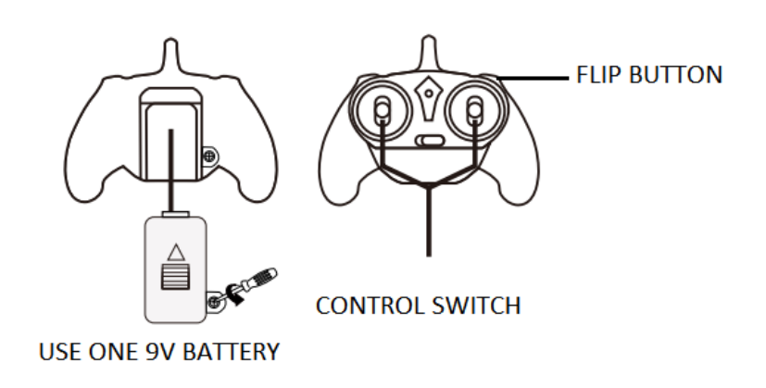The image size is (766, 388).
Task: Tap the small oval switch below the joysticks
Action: tap(428, 142)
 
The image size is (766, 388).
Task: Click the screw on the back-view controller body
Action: tap(212, 156)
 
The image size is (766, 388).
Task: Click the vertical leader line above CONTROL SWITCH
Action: tap(427, 222)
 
